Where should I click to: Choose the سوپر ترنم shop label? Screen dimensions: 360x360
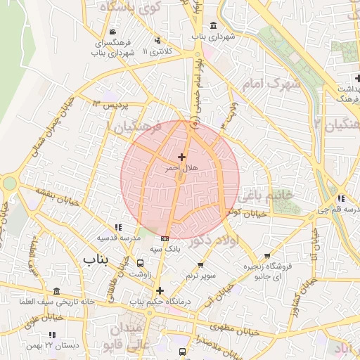coord(202,276)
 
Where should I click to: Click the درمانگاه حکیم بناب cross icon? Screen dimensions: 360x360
coord(160,290)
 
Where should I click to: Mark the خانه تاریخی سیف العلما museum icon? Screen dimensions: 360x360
coord(55,290)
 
